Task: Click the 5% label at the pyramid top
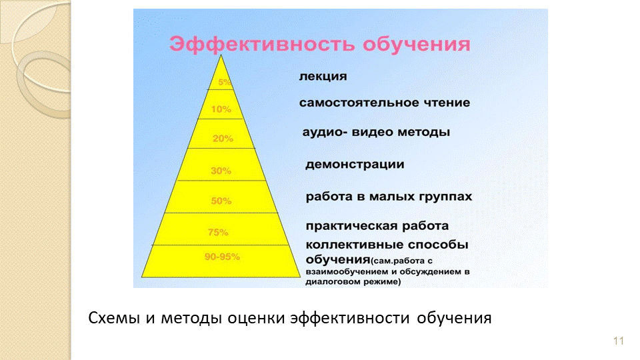(225, 82)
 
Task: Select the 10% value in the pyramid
(221, 109)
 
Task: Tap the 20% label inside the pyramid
(223, 139)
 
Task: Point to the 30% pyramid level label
(221, 171)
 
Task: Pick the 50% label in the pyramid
(221, 201)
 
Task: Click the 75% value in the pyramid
(218, 232)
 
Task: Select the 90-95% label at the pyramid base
(222, 257)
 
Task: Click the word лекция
(323, 77)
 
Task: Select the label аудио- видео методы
(376, 132)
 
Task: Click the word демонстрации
(355, 165)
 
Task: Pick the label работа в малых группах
(389, 197)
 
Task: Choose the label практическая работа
(377, 226)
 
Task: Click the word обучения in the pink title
(416, 44)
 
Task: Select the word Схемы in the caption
(114, 317)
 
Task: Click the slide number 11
(619, 341)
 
